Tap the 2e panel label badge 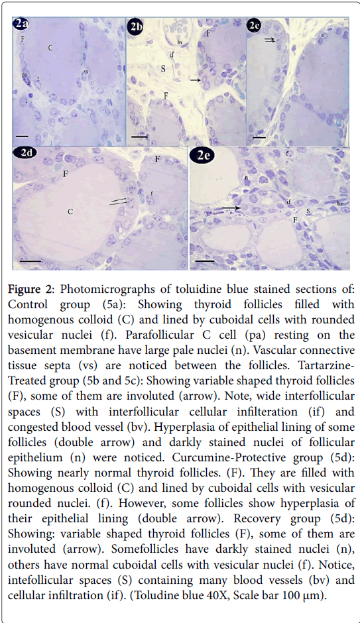click(203, 155)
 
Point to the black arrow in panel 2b click(195, 80)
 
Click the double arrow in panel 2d click(119, 202)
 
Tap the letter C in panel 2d click(70, 211)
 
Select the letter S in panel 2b click(163, 69)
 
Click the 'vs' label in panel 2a click(86, 72)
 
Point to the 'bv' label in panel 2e click(339, 203)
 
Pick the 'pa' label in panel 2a click(25, 74)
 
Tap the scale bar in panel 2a click(23, 137)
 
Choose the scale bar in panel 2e click(206, 261)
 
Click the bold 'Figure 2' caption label click(31, 289)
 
